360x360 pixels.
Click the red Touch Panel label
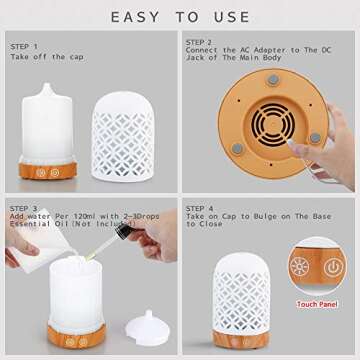tap(316, 303)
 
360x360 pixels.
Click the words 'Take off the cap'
tap(49, 58)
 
